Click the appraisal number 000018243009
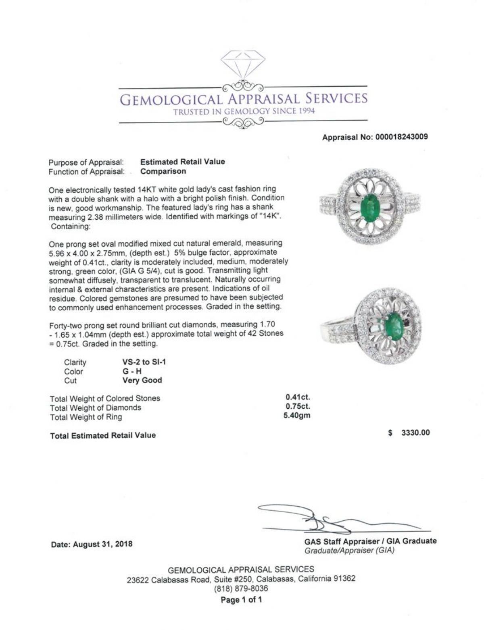[x=401, y=137]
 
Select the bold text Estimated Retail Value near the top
[x=182, y=162]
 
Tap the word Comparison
[x=163, y=171]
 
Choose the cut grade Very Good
[x=142, y=380]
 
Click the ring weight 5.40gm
[x=297, y=416]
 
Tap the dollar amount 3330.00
[x=415, y=433]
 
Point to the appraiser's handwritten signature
[x=323, y=520]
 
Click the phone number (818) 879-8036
[x=241, y=588]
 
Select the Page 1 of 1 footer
[x=241, y=600]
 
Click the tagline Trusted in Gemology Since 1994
[x=244, y=112]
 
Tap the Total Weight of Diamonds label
[x=95, y=408]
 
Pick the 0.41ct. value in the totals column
[x=298, y=397]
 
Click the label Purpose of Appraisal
[x=86, y=162]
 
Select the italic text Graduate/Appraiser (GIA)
[x=349, y=551]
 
